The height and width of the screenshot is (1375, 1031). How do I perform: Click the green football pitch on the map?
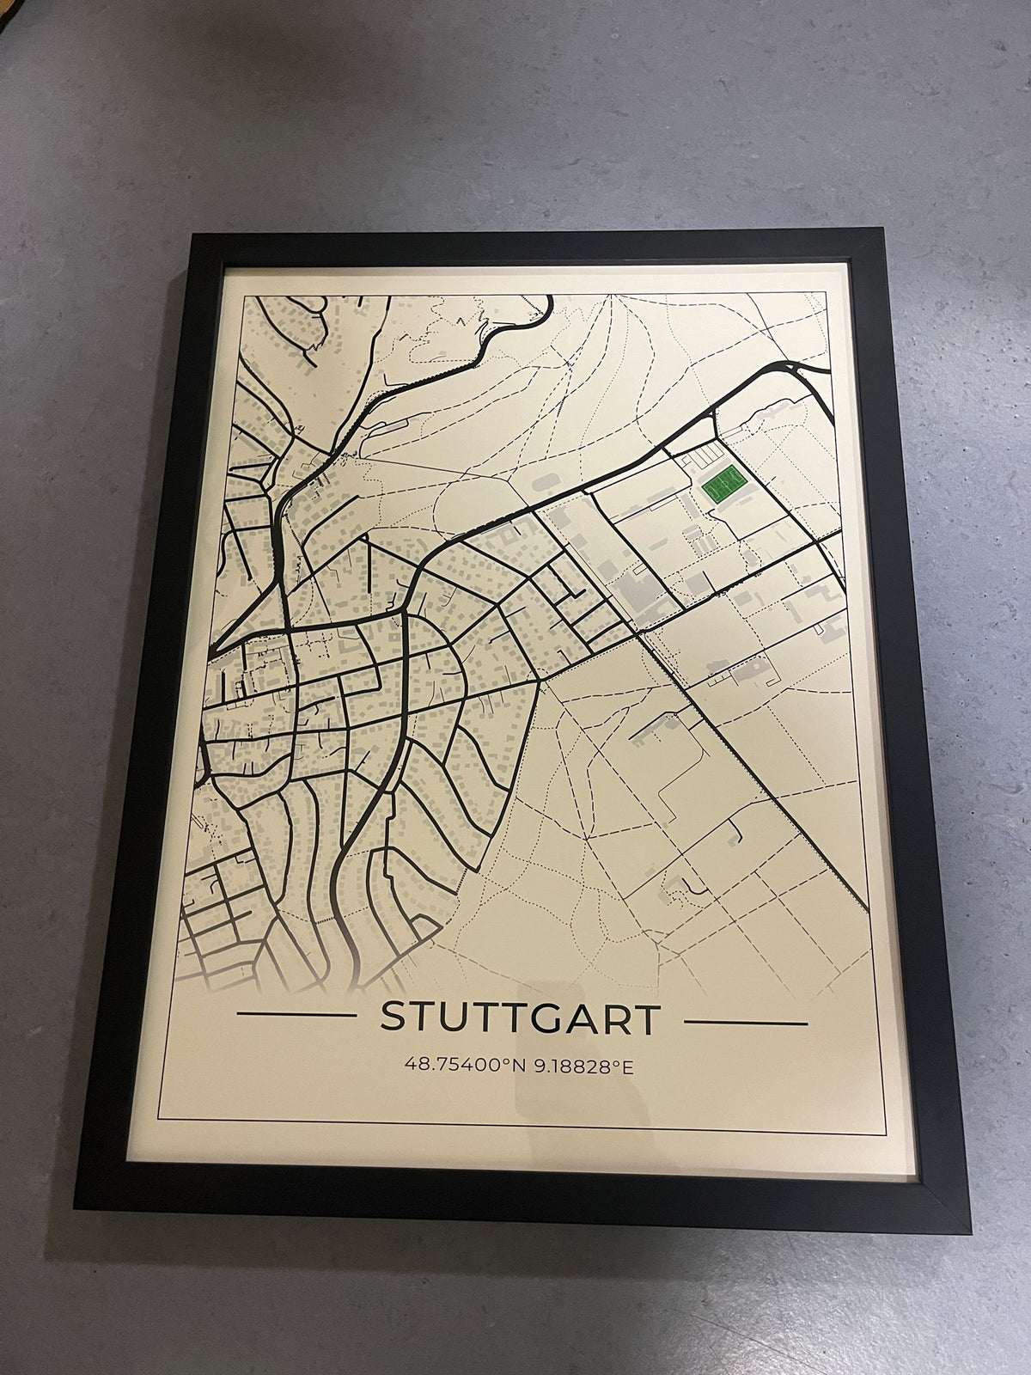click(722, 488)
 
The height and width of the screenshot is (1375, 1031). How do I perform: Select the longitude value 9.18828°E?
click(583, 1066)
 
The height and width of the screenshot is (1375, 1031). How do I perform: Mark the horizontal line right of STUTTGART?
click(746, 1024)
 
